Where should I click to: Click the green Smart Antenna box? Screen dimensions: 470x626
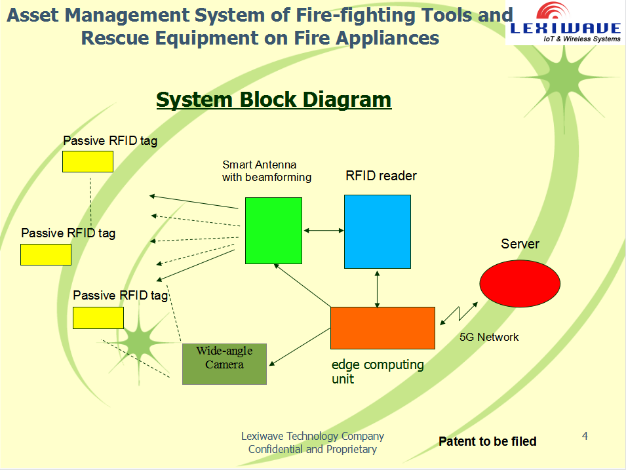click(x=273, y=231)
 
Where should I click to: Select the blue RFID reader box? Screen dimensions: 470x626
click(x=378, y=231)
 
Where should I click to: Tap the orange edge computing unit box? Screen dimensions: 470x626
click(x=382, y=328)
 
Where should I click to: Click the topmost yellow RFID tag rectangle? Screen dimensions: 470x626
click(x=88, y=161)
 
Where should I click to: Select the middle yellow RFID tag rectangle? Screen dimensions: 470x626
click(x=46, y=254)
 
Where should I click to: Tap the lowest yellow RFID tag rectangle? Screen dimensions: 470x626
click(x=98, y=318)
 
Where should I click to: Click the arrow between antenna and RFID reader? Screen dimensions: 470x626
click(x=323, y=230)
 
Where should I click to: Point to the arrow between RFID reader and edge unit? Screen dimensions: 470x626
click(x=378, y=288)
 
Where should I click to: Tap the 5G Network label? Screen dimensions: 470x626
click(x=489, y=337)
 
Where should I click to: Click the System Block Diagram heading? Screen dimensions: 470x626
click(x=273, y=100)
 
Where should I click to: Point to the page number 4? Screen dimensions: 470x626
click(x=585, y=436)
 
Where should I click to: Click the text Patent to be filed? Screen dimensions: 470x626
click(x=487, y=442)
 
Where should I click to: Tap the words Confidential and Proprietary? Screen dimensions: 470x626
click(x=312, y=449)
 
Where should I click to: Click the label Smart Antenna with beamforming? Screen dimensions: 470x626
click(x=266, y=171)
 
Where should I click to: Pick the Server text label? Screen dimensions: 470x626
click(x=520, y=244)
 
